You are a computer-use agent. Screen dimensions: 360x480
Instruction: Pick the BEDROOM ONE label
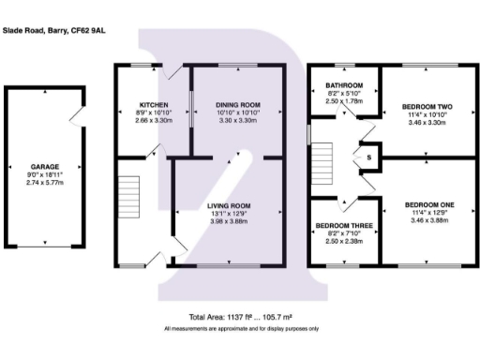point(428,204)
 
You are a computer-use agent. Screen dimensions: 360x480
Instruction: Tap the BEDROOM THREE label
point(344,226)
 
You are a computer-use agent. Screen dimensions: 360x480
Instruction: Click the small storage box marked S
point(368,157)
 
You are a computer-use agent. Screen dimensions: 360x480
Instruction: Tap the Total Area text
point(241,318)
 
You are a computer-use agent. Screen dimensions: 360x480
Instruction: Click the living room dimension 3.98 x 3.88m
point(229,221)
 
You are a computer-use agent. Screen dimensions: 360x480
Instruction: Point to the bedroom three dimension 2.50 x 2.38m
point(344,242)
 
